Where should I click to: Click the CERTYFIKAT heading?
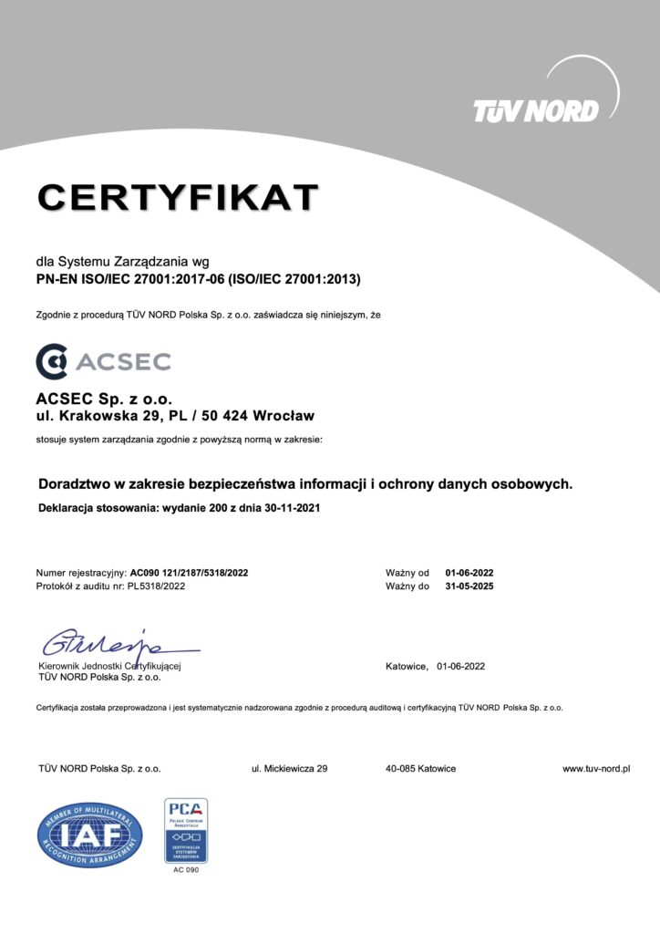[178, 197]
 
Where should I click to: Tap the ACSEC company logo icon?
[51, 361]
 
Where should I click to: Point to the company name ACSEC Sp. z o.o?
[103, 399]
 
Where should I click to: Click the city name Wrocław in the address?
[284, 416]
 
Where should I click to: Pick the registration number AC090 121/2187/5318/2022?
[189, 573]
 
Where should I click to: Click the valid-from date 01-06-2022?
[469, 573]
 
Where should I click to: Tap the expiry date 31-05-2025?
[469, 586]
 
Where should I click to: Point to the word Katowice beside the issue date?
[407, 666]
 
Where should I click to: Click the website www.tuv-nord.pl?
[596, 769]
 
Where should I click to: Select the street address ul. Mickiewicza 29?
[289, 769]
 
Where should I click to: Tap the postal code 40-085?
[401, 769]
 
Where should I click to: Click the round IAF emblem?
[89, 833]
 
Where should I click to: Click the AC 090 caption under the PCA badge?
[185, 870]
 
